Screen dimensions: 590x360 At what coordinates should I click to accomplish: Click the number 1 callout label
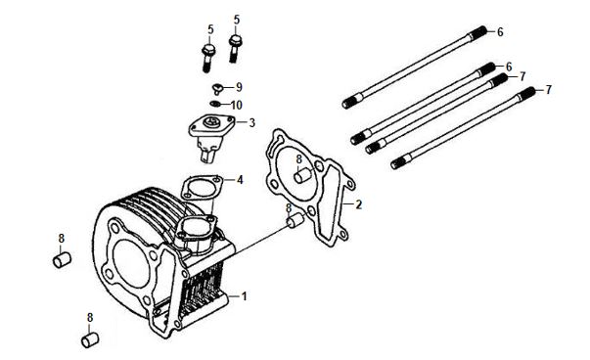point(244,296)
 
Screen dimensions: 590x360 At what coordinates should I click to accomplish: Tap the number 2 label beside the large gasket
point(358,204)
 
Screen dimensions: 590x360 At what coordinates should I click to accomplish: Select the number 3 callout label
point(251,122)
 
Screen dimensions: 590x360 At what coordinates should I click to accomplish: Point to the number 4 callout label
point(240,180)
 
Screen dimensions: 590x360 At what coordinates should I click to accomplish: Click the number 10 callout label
point(237,105)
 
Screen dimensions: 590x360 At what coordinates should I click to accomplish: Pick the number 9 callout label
point(239,87)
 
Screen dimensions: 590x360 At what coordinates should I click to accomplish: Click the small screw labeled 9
point(217,89)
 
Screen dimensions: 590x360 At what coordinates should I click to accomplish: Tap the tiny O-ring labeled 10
point(215,104)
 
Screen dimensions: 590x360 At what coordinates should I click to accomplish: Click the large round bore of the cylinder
point(130,263)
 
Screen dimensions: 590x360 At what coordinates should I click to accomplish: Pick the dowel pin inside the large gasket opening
point(303,176)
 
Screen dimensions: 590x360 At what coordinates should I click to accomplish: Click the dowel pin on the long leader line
point(295,220)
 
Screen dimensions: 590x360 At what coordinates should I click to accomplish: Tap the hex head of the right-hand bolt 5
point(236,39)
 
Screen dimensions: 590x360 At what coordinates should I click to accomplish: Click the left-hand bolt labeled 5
point(208,58)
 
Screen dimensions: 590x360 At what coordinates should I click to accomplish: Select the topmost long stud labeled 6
point(414,67)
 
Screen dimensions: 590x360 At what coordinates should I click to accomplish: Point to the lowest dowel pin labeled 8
point(90,340)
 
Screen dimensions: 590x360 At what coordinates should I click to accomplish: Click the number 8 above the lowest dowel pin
point(90,318)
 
